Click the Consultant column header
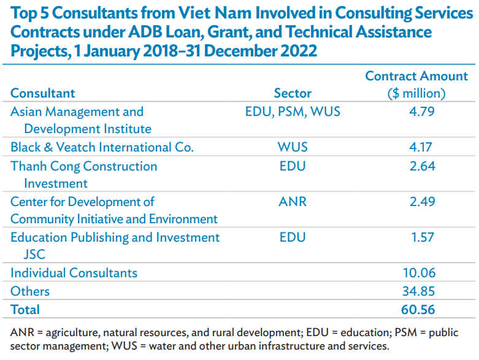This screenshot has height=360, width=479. pos(43,93)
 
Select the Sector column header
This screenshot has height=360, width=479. pos(293,93)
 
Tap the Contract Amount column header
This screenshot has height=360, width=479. pos(416,85)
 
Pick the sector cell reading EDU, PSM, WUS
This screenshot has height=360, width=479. pos(293,112)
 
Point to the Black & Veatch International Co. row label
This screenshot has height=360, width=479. pos(102,147)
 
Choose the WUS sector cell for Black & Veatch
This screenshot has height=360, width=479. pos(293,147)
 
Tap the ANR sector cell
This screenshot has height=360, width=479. pos(293,202)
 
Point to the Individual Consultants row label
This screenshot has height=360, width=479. pos(74,273)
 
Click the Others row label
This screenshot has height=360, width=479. pos(30,291)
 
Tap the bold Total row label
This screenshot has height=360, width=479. pos(25,310)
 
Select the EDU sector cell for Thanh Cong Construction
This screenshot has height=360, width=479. pos(293,166)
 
